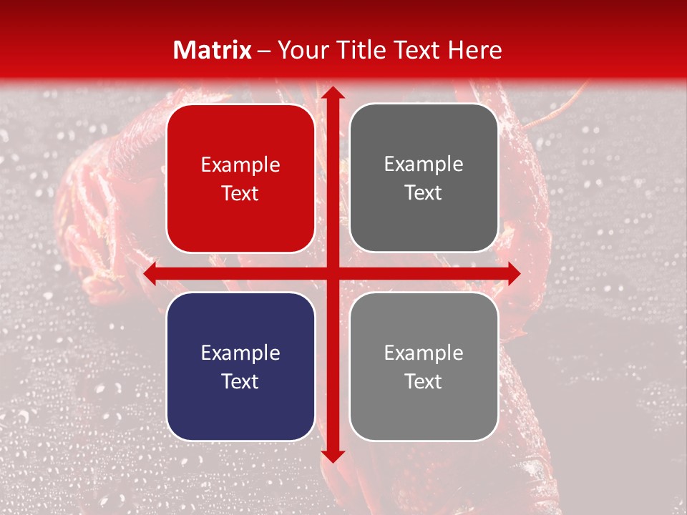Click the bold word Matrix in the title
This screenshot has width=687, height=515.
coord(213,50)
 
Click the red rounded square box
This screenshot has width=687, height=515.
coord(240,178)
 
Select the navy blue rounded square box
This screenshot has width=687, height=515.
coord(240,366)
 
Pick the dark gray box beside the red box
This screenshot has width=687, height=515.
coord(424,178)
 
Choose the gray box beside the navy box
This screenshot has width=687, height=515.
coord(424,366)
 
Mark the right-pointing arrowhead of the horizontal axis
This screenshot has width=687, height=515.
coord(513,273)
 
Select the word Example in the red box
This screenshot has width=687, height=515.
coord(240,165)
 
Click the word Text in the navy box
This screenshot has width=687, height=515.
coord(240,381)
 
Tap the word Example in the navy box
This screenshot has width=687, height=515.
coord(240,353)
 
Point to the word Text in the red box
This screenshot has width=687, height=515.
coord(240,193)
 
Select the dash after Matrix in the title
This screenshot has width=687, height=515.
coord(264,50)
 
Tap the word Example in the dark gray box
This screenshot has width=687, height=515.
coord(424,165)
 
